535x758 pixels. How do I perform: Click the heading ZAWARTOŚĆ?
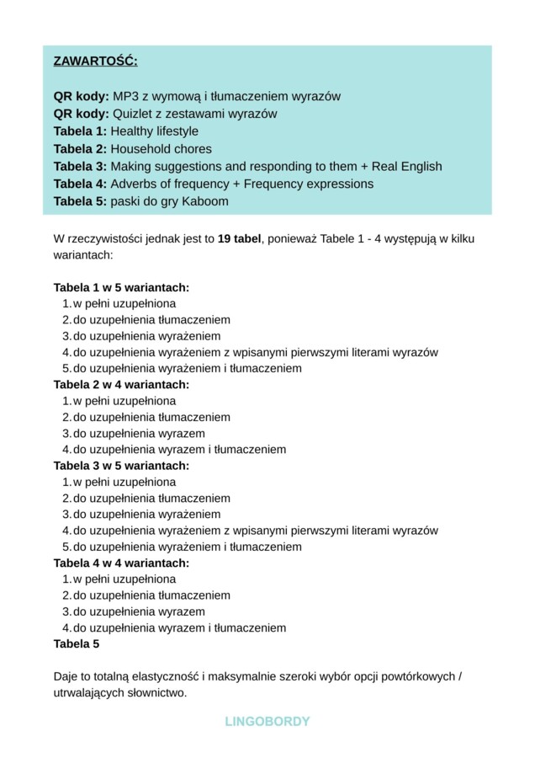click(x=95, y=61)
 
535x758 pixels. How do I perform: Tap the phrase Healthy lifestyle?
click(x=154, y=131)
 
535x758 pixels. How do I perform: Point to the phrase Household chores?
click(x=161, y=149)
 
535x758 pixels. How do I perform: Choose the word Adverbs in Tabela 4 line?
click(x=133, y=184)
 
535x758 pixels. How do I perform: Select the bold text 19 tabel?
click(x=239, y=239)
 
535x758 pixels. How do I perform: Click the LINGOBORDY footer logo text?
click(x=267, y=722)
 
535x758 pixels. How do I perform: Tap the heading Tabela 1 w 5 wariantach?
click(x=121, y=287)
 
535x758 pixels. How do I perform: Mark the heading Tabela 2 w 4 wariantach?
click(x=121, y=385)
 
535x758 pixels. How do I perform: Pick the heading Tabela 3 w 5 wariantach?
click(x=121, y=466)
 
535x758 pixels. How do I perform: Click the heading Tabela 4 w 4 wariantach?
click(x=121, y=563)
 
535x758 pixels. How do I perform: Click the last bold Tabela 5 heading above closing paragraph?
click(x=77, y=644)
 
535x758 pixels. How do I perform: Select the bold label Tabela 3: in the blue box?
click(x=80, y=167)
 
